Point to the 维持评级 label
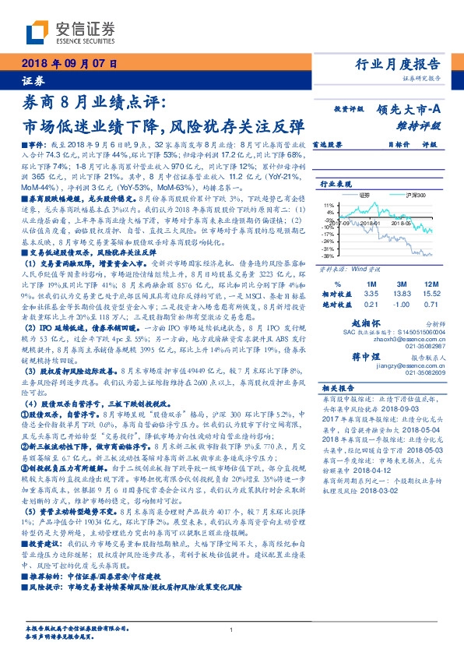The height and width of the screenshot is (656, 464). click(x=424, y=125)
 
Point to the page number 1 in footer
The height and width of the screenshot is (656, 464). click(x=232, y=630)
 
